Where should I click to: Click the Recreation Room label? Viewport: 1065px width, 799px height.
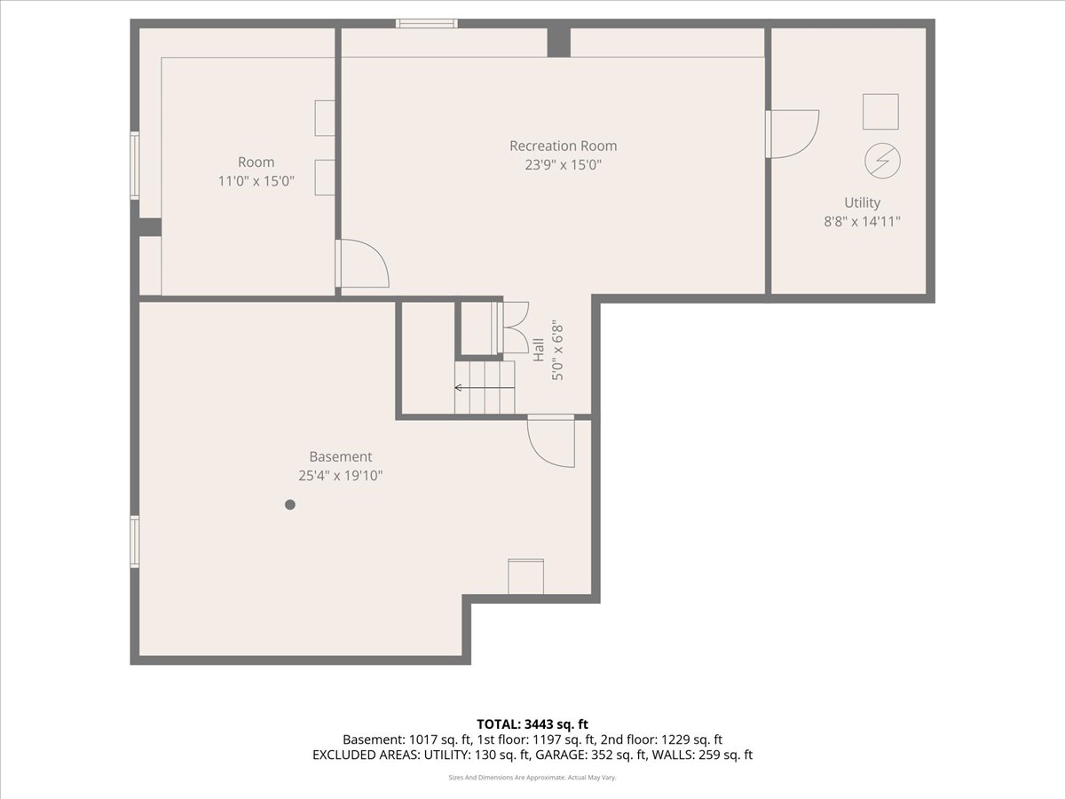click(x=563, y=146)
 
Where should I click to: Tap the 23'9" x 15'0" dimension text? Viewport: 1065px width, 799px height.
click(x=563, y=165)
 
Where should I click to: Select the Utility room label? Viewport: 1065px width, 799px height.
click(x=862, y=202)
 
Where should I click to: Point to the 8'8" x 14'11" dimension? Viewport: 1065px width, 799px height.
click(x=862, y=222)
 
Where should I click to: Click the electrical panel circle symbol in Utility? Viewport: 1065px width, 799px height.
click(x=882, y=161)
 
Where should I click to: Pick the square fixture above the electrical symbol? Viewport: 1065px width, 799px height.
click(x=880, y=112)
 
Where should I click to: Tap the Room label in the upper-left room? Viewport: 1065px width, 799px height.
click(x=256, y=162)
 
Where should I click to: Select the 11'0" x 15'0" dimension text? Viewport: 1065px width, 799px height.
click(x=256, y=181)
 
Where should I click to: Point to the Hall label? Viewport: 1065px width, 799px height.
click(x=539, y=350)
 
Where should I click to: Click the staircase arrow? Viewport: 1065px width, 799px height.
click(x=485, y=388)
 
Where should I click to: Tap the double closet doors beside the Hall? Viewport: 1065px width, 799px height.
click(x=512, y=328)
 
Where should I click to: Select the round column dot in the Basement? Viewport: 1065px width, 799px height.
click(x=290, y=504)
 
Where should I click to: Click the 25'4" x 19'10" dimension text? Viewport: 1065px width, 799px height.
click(x=341, y=476)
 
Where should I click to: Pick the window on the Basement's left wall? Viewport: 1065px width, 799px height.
click(x=135, y=542)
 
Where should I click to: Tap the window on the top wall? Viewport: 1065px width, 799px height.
click(x=427, y=23)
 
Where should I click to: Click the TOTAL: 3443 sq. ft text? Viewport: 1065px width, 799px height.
click(x=532, y=724)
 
